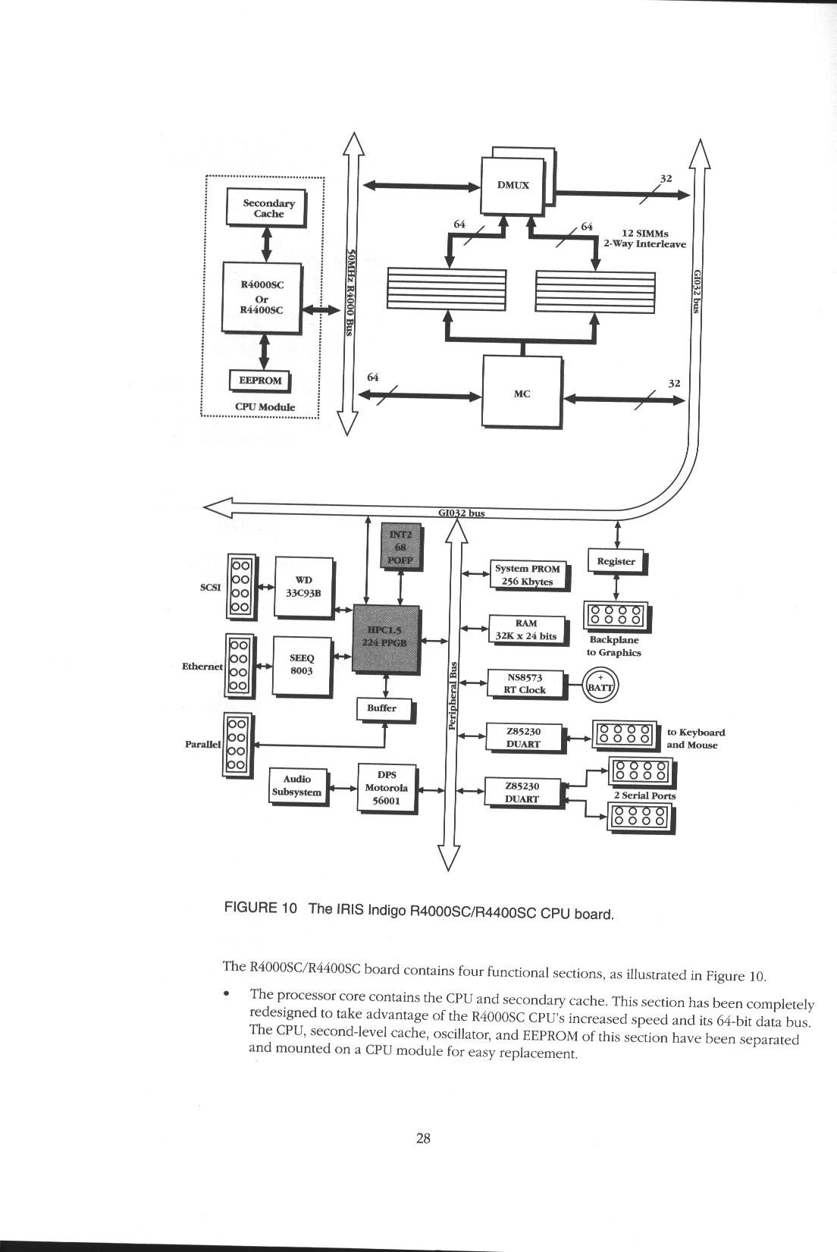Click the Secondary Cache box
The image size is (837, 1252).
point(266,208)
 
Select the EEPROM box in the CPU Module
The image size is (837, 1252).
point(259,381)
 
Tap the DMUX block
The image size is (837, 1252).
point(513,185)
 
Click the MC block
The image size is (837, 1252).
point(522,394)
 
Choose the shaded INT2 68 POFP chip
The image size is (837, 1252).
point(400,546)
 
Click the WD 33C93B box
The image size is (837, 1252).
point(303,587)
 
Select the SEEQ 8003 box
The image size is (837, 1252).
point(302,665)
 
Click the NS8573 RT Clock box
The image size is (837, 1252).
point(525,683)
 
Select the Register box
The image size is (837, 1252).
point(616,562)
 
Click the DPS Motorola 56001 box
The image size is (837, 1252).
point(387,788)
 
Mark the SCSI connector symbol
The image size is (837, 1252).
point(240,587)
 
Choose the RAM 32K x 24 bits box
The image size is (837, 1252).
point(526,629)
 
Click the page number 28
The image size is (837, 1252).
point(423,1137)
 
